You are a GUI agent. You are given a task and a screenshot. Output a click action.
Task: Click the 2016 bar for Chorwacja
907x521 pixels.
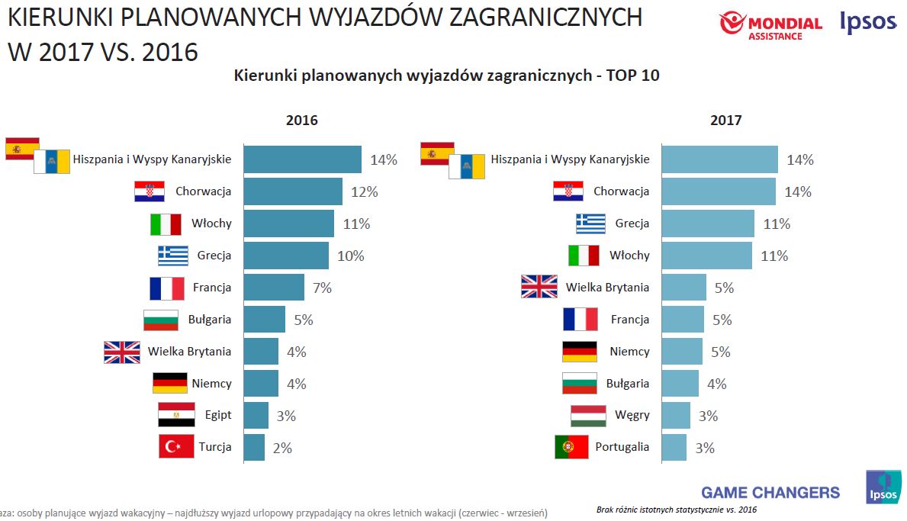293,191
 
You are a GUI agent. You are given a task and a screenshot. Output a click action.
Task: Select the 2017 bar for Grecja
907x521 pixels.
707,224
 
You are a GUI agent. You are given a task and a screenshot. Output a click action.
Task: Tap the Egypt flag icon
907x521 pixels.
176,415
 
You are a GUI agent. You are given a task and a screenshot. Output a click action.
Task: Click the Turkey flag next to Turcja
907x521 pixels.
176,446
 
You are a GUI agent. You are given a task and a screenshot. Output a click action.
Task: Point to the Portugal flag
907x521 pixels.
571,447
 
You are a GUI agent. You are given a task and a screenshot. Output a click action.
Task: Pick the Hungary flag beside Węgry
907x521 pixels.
588,416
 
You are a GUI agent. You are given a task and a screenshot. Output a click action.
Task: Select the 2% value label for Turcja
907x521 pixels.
282,448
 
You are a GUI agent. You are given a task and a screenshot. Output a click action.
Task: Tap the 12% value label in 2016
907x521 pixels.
364,191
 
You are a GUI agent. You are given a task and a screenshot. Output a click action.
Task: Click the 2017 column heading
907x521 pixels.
725,120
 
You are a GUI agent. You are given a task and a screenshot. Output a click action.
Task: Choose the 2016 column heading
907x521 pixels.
302,120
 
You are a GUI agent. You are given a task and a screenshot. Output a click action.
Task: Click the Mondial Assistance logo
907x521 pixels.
771,25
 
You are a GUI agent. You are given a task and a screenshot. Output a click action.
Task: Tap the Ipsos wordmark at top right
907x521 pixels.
867,23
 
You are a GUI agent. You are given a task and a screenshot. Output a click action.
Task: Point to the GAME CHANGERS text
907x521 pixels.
770,492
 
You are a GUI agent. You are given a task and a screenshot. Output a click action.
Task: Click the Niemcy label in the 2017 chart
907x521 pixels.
629,352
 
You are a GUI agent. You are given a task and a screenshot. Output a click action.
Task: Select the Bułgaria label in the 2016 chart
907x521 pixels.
210,320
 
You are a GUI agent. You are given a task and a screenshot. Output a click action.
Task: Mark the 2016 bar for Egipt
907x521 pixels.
256,415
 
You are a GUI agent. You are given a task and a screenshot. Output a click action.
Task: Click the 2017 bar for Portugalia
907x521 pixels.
674,447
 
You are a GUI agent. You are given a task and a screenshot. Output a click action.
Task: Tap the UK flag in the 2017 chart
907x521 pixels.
539,287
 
